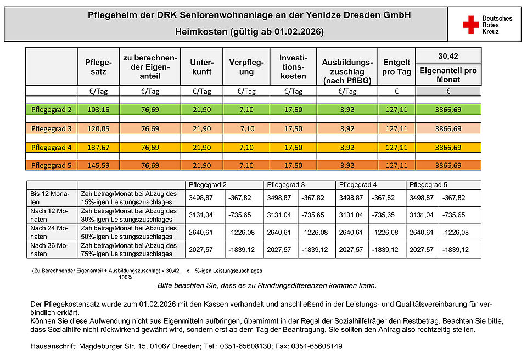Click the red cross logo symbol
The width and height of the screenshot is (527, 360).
(470, 25)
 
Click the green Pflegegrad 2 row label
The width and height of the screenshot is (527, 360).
(52, 110)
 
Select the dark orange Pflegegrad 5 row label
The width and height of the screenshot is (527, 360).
(52, 165)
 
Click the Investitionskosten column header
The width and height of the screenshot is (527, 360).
(293, 67)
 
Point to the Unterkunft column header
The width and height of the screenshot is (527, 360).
(200, 67)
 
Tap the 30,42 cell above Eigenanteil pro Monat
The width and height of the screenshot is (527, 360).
(448, 56)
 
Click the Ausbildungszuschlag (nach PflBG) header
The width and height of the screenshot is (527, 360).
(347, 71)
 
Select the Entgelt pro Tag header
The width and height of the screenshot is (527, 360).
(396, 67)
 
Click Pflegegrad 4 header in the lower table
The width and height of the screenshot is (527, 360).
(357, 185)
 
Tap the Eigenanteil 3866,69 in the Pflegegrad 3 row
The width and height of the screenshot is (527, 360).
(448, 129)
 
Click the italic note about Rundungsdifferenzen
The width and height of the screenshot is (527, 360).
(267, 286)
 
